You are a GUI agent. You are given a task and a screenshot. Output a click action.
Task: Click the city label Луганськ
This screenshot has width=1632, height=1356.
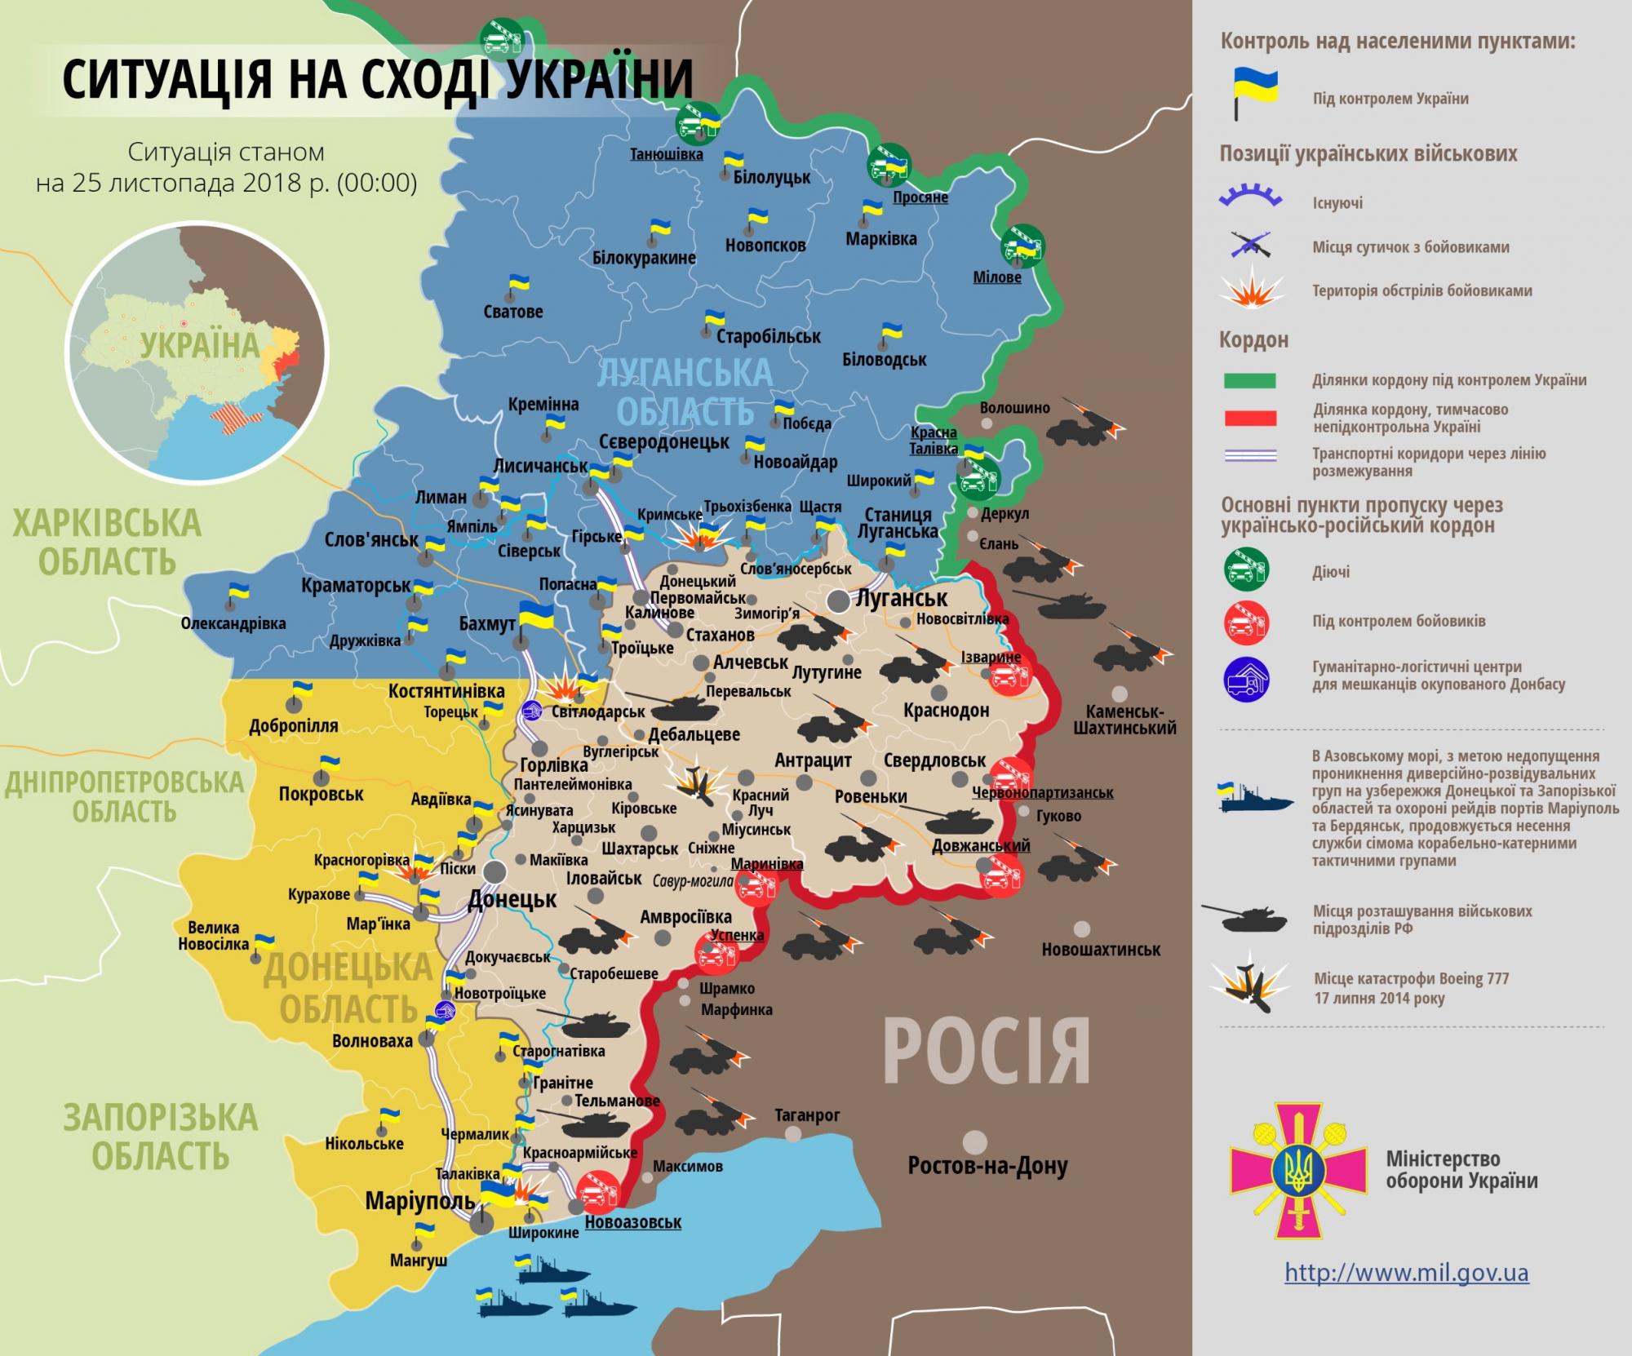901,598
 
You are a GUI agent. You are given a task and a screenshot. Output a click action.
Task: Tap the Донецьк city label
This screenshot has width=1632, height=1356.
512,900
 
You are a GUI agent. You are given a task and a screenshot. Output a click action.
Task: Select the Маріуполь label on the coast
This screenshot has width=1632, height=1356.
419,1201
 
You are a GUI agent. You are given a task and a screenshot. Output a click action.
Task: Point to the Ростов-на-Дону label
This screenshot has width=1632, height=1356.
987,1167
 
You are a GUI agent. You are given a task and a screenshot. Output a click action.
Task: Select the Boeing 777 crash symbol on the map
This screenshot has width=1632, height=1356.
695,783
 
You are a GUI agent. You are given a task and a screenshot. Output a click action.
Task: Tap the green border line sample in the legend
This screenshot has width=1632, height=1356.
1249,380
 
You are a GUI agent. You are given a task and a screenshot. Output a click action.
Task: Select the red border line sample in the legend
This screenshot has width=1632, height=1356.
1249,419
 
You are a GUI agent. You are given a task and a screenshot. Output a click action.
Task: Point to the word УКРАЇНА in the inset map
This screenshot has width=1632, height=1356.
199,345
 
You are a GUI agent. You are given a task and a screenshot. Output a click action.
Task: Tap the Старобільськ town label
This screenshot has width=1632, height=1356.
768,336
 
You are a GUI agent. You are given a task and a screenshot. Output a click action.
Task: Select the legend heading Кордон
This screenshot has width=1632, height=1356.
1253,339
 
